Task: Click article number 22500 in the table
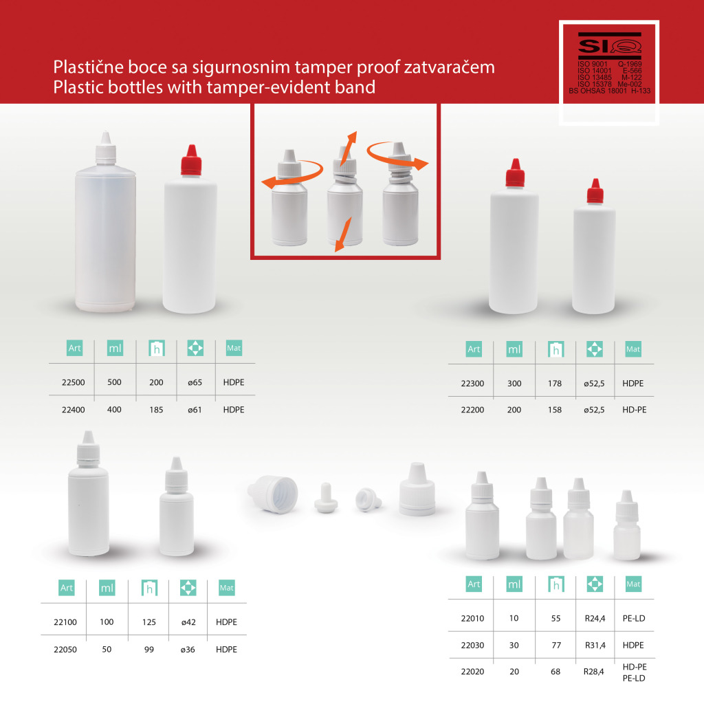pyautogui.click(x=73, y=382)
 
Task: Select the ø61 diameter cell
pyautogui.click(x=195, y=410)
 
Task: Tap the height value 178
pyautogui.click(x=555, y=384)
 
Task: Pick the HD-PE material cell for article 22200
pyautogui.click(x=635, y=410)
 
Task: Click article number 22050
pyautogui.click(x=65, y=650)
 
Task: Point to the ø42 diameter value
pyautogui.click(x=188, y=622)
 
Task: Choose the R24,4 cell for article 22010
pyautogui.click(x=595, y=619)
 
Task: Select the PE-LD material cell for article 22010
pyautogui.click(x=634, y=619)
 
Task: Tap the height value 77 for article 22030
pyautogui.click(x=556, y=646)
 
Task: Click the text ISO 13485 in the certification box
pyautogui.click(x=595, y=77)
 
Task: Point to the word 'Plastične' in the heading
pyautogui.click(x=89, y=67)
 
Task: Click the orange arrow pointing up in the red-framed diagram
pyautogui.click(x=349, y=148)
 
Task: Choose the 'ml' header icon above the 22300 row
pyautogui.click(x=514, y=349)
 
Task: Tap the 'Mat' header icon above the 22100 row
pyautogui.click(x=227, y=588)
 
